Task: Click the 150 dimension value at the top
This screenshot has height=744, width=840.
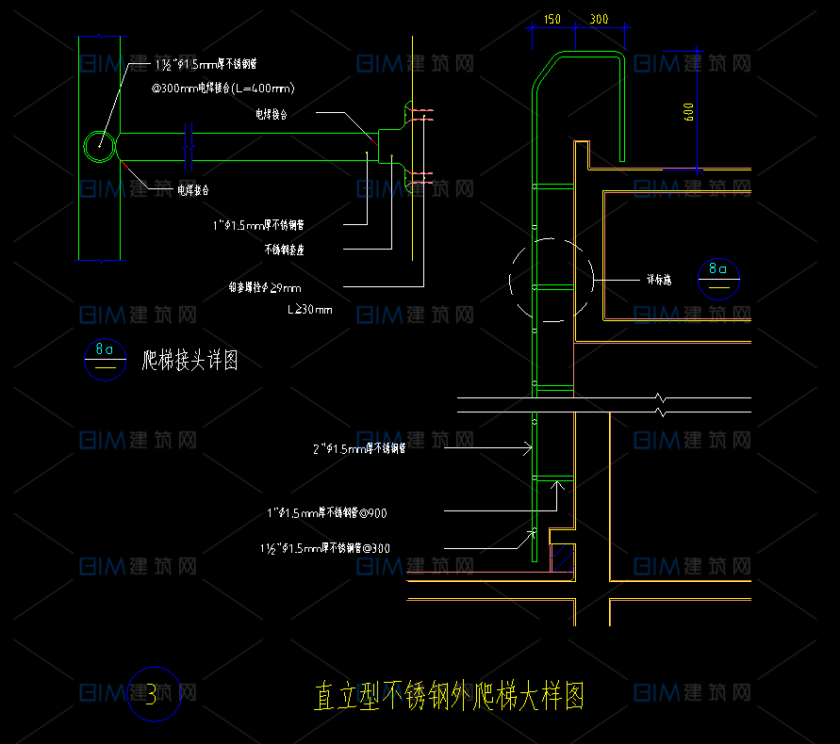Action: click(552, 19)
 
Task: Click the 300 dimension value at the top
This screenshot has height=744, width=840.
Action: click(598, 19)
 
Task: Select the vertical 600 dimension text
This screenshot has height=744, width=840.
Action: click(689, 112)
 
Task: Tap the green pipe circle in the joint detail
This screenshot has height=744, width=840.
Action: click(99, 146)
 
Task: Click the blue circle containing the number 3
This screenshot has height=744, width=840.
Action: click(153, 696)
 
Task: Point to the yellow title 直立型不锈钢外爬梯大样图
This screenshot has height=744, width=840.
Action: click(449, 697)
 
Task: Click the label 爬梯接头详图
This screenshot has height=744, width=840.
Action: click(189, 359)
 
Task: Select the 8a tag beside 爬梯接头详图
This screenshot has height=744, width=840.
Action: click(106, 359)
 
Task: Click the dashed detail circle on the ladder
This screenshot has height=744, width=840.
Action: click(551, 280)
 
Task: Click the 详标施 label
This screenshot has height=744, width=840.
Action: click(658, 280)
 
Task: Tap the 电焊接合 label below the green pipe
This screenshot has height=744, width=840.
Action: click(193, 189)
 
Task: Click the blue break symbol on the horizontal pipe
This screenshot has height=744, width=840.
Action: click(188, 146)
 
